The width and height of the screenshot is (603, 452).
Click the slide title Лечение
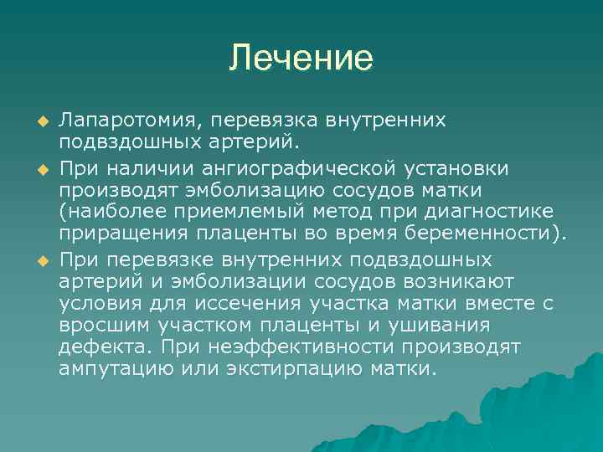click(301, 58)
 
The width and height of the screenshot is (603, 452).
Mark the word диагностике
click(491, 213)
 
